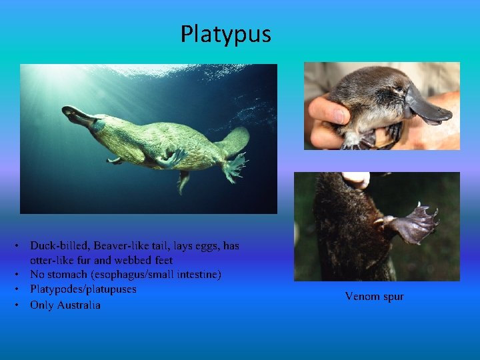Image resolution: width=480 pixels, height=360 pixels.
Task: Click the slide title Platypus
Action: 225,34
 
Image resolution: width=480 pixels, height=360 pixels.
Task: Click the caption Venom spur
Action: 374,296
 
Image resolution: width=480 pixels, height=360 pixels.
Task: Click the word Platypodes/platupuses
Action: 83,289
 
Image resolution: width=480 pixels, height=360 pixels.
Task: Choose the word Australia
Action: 79,305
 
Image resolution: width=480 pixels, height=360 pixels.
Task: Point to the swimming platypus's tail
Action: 233,142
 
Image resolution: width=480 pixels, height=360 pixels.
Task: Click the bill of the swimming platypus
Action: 75,116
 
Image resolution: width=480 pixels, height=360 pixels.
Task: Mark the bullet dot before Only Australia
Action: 23,305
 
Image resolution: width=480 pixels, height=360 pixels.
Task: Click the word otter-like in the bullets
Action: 53,261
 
